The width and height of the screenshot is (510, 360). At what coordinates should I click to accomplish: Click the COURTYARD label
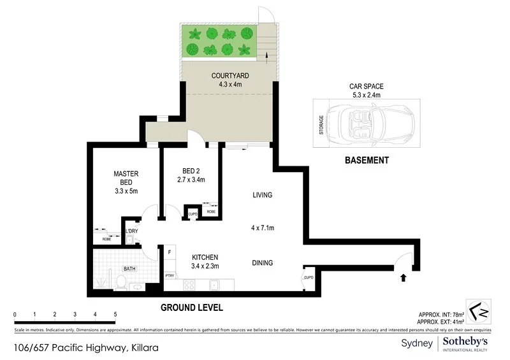point(230,76)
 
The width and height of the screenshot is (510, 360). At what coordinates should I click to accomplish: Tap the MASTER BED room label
point(126,178)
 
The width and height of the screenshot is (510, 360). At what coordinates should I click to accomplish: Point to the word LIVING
point(262,195)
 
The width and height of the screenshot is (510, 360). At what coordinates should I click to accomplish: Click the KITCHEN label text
point(205,257)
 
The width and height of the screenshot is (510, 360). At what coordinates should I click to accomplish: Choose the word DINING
point(262,263)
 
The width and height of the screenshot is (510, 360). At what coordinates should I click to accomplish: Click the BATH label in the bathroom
point(129,270)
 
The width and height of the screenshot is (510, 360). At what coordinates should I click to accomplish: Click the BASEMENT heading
point(367,161)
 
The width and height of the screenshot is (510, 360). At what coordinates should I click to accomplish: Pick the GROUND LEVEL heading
point(191,308)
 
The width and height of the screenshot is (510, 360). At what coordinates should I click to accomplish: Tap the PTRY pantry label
point(170,276)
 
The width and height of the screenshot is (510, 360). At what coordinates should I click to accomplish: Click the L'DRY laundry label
point(131,231)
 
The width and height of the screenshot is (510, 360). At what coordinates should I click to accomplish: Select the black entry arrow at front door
point(402,278)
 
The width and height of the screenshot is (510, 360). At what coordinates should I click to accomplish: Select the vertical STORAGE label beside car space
point(321,124)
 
